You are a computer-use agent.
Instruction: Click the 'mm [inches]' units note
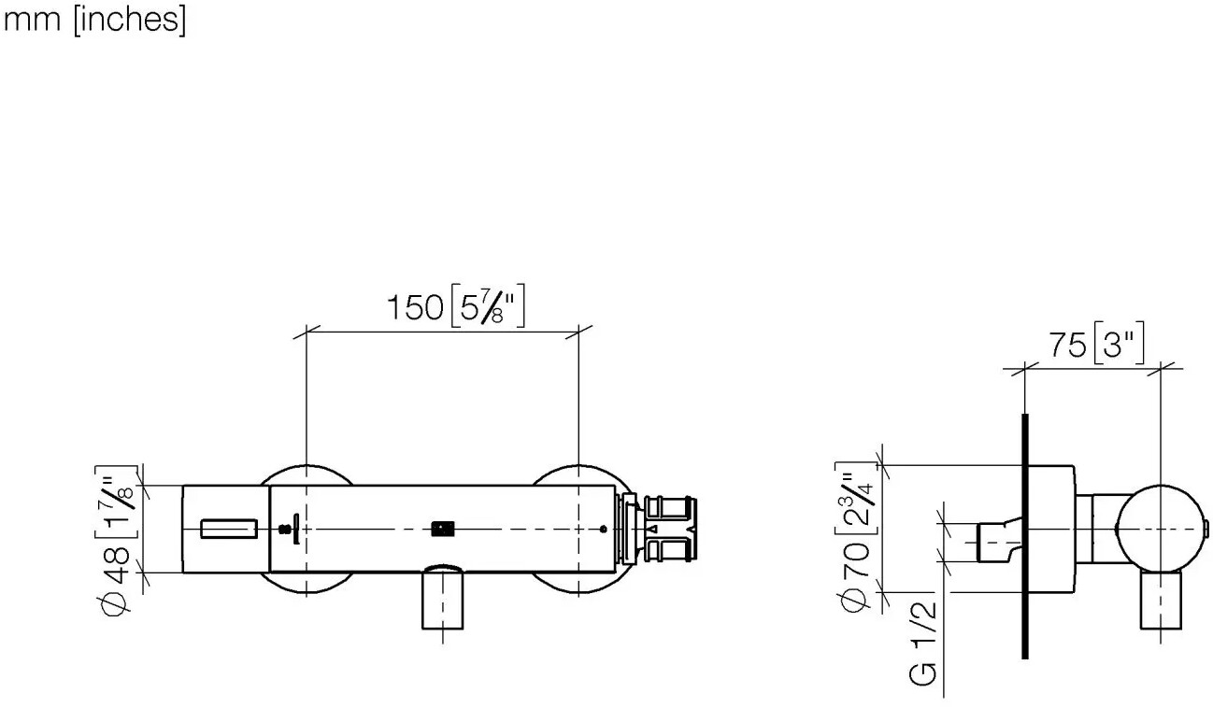point(94,20)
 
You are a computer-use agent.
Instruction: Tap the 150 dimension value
point(415,307)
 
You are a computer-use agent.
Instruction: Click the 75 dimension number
point(1068,345)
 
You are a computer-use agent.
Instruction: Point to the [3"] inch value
point(1119,343)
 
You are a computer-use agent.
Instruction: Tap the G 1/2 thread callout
point(922,643)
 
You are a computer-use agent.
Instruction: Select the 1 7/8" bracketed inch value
point(116,502)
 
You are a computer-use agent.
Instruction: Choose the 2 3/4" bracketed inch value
point(856,499)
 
